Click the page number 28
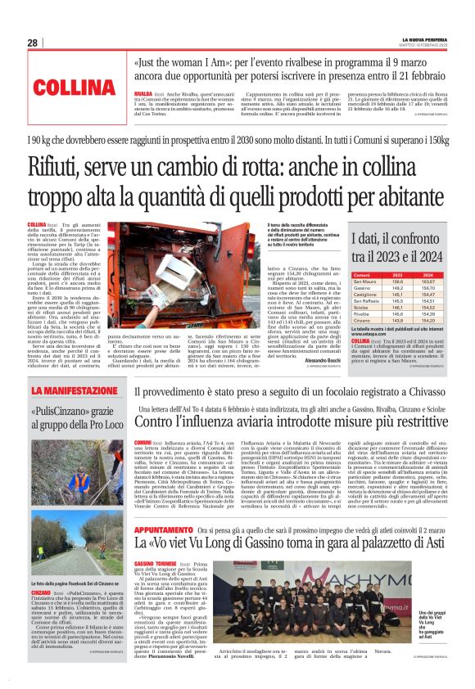point(32,43)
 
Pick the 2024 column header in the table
point(427,276)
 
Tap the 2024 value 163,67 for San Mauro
point(427,283)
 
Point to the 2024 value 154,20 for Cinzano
point(427,321)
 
